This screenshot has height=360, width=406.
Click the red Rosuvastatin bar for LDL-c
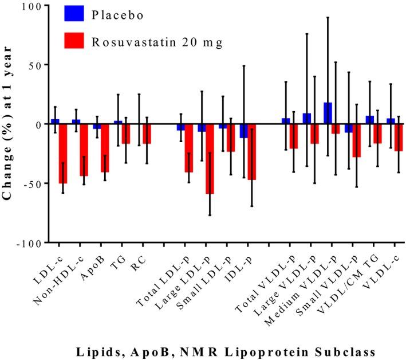[x=63, y=154]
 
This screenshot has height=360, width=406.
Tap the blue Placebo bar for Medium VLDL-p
[x=328, y=114]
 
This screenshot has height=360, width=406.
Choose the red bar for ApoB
[x=105, y=148]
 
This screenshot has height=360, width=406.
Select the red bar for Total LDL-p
[x=188, y=148]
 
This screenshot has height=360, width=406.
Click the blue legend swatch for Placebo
[x=74, y=14]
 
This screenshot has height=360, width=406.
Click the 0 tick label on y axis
[x=38, y=124]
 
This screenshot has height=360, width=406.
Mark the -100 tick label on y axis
[x=30, y=242]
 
